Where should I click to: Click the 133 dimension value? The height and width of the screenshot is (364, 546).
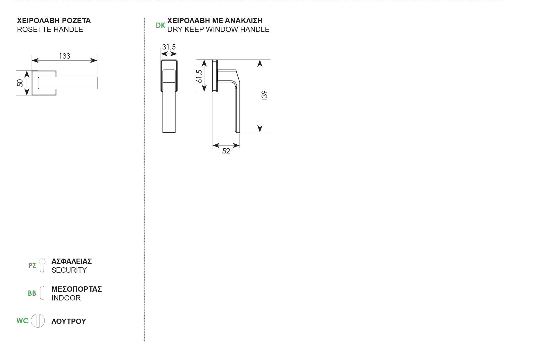(65, 56)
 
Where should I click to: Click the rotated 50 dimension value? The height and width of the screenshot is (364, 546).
(20, 83)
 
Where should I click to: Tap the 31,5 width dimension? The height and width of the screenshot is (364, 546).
(169, 47)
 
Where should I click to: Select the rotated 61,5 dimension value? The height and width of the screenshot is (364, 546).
(199, 76)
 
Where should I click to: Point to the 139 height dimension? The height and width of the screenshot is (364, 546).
(264, 96)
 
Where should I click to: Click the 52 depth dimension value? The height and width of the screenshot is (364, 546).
(226, 151)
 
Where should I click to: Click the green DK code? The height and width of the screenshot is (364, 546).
(160, 25)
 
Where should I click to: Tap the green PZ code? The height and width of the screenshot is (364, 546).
(32, 266)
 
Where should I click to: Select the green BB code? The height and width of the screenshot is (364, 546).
(32, 293)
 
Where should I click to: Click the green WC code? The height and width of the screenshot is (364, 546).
(23, 321)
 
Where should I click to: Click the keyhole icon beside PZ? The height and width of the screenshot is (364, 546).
(42, 265)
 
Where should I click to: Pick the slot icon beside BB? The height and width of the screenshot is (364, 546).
(42, 293)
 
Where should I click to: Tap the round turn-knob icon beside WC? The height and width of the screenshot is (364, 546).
(38, 321)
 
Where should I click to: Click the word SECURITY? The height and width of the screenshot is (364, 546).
(69, 270)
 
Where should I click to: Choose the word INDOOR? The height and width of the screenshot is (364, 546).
(66, 298)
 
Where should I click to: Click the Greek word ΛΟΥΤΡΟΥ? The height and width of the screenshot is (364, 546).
(69, 321)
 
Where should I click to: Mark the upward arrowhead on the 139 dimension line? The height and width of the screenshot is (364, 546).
(260, 63)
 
